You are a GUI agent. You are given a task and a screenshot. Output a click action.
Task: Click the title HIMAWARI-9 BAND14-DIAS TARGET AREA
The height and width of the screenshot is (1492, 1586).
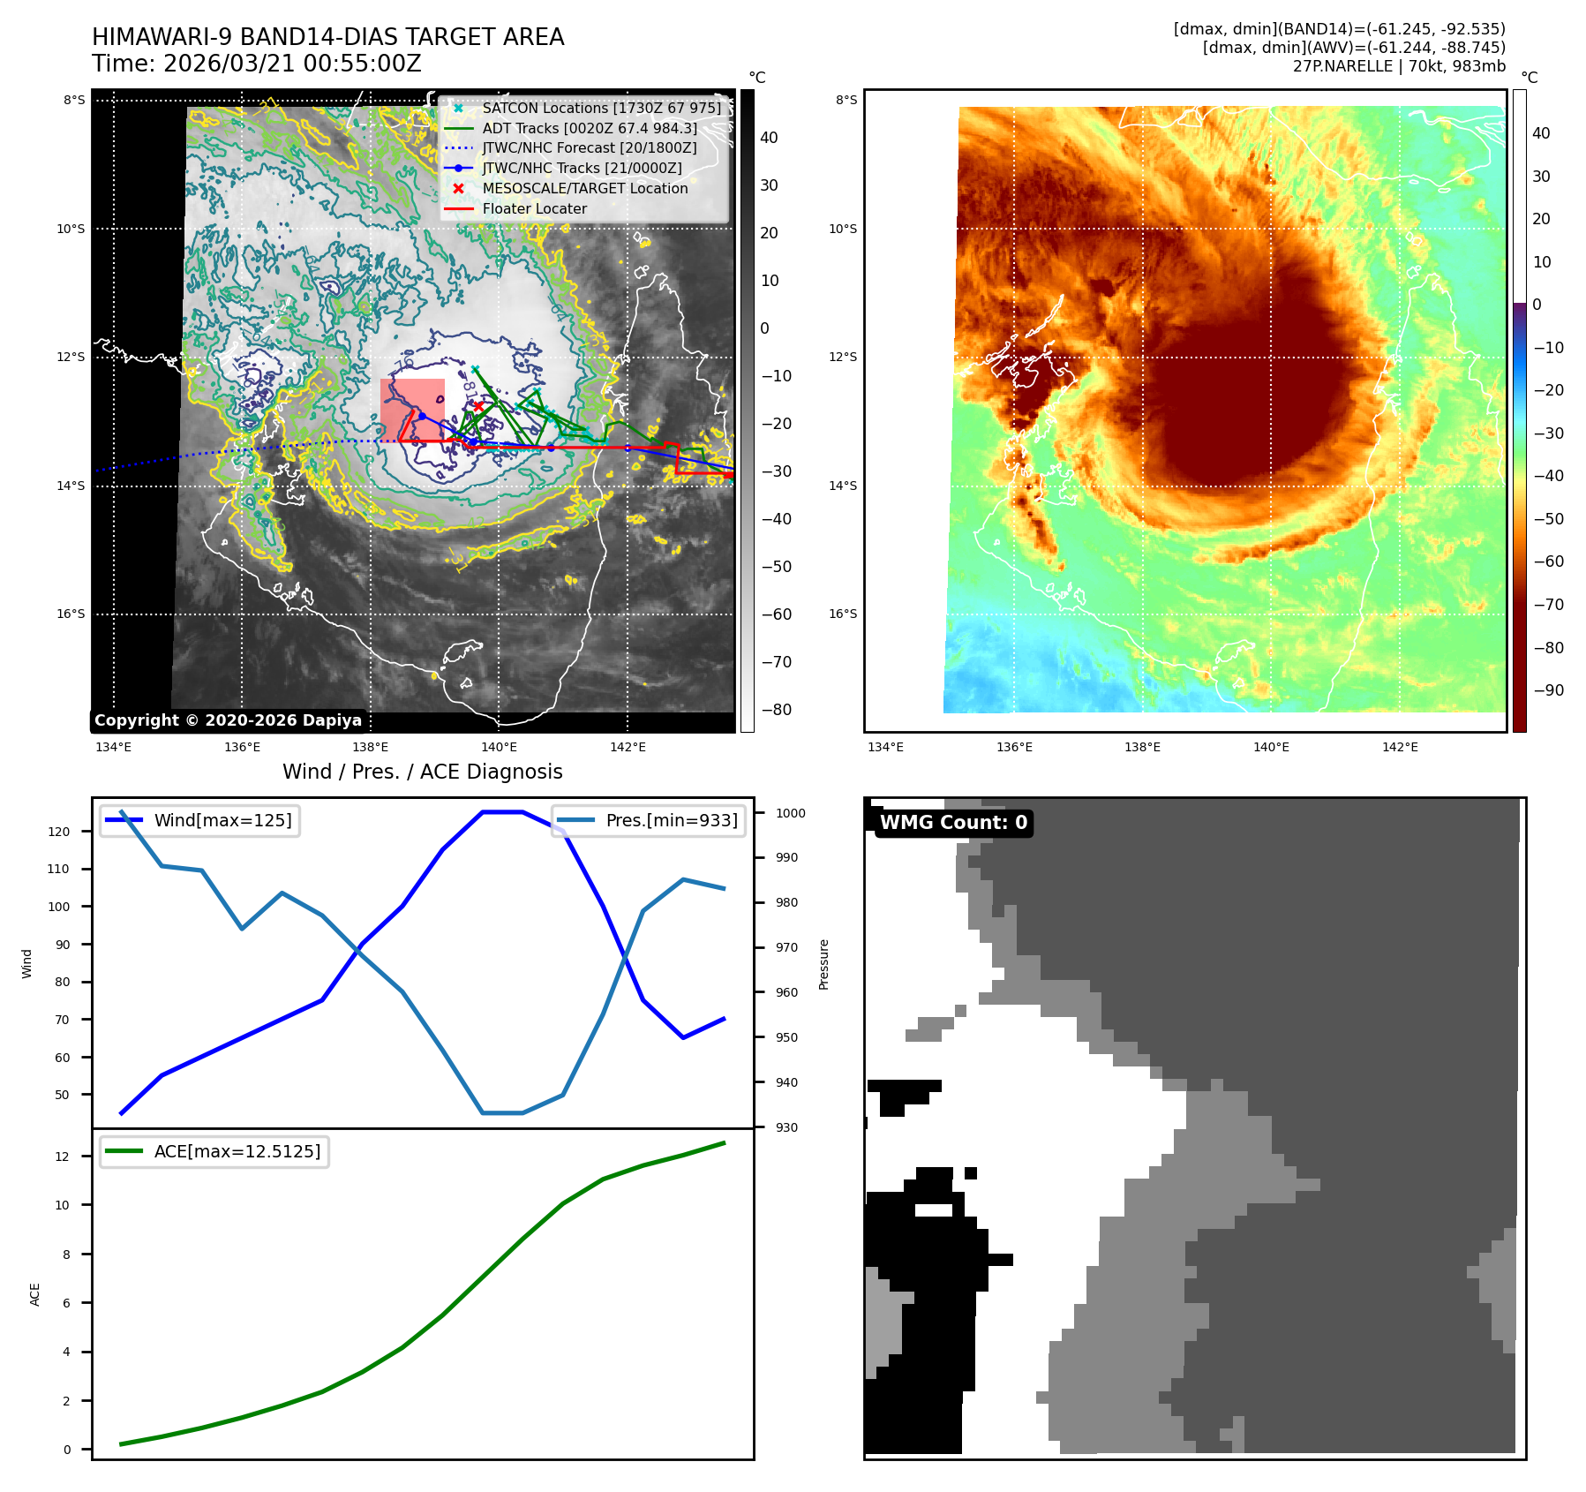(327, 37)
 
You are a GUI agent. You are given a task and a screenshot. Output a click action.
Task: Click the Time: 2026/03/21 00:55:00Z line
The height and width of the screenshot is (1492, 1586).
(256, 64)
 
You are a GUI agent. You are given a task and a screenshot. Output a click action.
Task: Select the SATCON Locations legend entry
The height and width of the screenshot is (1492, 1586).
(600, 108)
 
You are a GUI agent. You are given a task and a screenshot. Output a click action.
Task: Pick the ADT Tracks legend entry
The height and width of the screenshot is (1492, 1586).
(589, 128)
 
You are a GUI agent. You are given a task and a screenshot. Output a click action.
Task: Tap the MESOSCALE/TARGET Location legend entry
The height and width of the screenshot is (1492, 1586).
(584, 188)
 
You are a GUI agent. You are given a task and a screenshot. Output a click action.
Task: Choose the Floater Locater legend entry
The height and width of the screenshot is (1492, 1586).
(534, 208)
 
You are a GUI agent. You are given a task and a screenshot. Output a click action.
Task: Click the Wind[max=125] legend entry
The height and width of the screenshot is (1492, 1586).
(222, 820)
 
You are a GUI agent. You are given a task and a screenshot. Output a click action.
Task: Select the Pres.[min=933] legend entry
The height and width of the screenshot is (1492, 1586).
(671, 820)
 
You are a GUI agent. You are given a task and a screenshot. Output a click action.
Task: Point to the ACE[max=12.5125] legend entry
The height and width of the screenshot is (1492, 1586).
(237, 1151)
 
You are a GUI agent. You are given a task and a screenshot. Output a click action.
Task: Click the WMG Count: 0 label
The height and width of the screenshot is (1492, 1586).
(953, 823)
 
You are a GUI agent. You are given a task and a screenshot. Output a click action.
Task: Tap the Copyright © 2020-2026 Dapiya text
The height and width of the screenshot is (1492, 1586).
(228, 720)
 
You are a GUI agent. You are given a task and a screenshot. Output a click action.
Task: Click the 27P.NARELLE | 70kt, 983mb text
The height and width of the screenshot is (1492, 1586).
(1399, 66)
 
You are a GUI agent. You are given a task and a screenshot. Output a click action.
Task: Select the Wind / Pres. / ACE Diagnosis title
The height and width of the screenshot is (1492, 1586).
(422, 772)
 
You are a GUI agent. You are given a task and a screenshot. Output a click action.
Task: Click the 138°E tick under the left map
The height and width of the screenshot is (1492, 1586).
(371, 747)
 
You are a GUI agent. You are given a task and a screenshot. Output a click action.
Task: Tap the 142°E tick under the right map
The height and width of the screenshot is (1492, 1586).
(1400, 747)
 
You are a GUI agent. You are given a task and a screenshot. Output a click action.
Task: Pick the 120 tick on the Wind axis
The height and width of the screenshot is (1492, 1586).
(59, 832)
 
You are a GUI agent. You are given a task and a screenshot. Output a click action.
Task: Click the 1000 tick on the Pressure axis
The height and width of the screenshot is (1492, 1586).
(791, 813)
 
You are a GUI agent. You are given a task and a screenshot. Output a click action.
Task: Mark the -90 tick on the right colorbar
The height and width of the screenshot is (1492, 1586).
(1548, 690)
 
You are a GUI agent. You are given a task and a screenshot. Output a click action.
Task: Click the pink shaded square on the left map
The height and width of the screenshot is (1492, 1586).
(412, 409)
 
